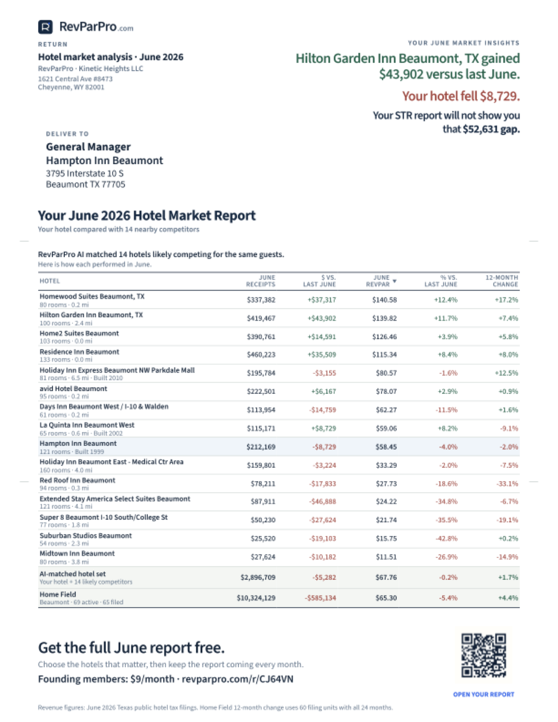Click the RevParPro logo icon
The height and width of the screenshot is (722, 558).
tap(45, 27)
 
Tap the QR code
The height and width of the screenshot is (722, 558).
tap(484, 655)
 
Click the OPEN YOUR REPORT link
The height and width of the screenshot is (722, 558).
tap(484, 694)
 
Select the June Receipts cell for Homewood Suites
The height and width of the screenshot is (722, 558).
tap(261, 300)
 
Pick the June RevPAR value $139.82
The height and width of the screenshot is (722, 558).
tap(385, 318)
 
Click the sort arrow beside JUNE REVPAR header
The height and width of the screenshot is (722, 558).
tap(394, 281)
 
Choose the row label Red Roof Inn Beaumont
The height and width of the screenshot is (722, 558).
tap(77, 480)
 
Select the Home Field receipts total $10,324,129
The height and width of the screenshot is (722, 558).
tap(256, 598)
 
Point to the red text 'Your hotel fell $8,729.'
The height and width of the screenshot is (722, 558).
tap(461, 96)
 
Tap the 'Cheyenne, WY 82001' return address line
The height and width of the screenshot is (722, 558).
tap(71, 87)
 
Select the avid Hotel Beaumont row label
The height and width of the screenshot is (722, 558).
tap(73, 388)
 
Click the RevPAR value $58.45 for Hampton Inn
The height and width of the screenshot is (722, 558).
tap(386, 447)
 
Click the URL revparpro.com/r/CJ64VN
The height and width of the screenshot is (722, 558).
tap(237, 679)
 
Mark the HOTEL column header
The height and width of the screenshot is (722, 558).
tap(49, 281)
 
